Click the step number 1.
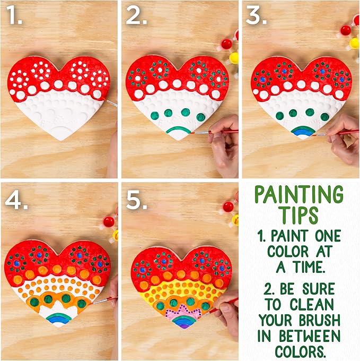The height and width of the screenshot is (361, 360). [14, 18]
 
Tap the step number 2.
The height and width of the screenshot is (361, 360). [136, 18]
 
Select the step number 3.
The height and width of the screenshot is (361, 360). [257, 18]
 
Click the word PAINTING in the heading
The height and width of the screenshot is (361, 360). [298, 195]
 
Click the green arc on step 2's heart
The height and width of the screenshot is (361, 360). [179, 128]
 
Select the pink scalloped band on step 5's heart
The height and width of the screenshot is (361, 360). [180, 313]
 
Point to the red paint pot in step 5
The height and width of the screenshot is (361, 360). [228, 207]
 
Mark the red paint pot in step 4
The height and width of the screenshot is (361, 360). [108, 221]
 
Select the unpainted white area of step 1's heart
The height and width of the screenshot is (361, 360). [58, 117]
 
